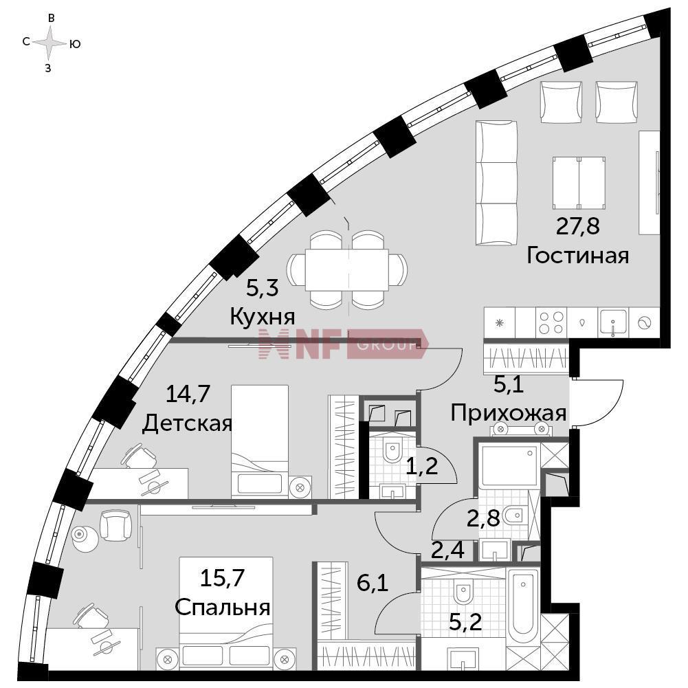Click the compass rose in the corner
click(50, 43)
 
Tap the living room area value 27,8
click(577, 226)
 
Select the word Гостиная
click(577, 256)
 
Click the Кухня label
click(263, 317)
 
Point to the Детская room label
click(187, 424)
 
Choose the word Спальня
click(222, 608)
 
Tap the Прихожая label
click(508, 413)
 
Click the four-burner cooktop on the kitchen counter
click(551, 322)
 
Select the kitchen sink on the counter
click(613, 323)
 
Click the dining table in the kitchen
click(346, 269)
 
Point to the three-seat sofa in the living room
click(496, 183)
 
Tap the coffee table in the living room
click(579, 183)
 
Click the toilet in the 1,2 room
click(392, 450)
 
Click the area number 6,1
click(373, 584)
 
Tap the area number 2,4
click(447, 551)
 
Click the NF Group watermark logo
click(342, 344)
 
